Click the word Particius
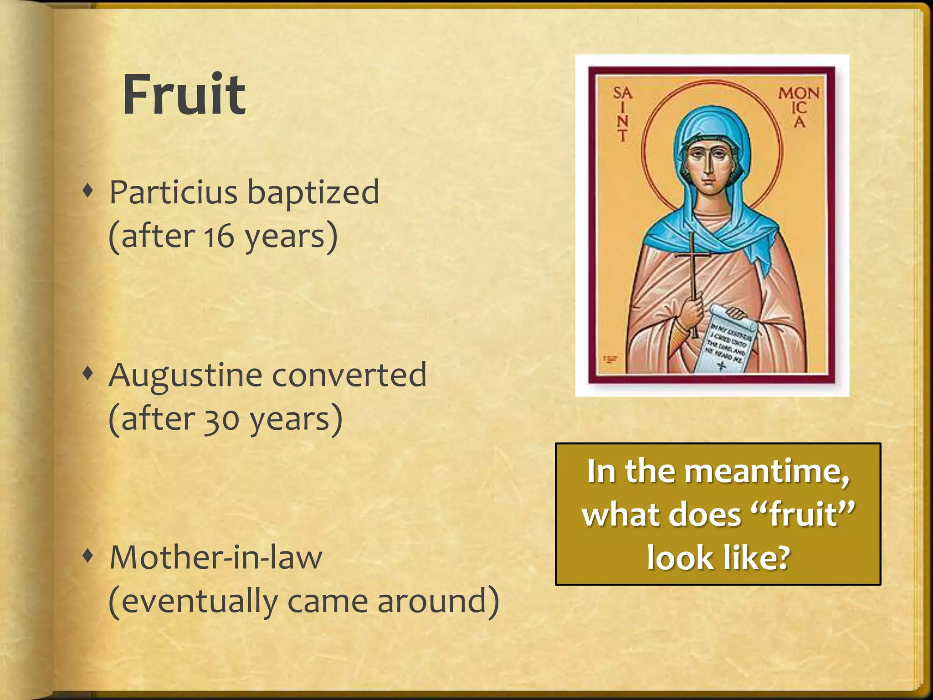pyautogui.click(x=174, y=192)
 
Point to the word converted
pyautogui.click(x=349, y=376)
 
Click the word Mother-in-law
pyautogui.click(x=216, y=558)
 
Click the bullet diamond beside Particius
pyautogui.click(x=88, y=191)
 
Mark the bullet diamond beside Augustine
pyautogui.click(x=88, y=374)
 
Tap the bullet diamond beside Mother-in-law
pyautogui.click(x=88, y=556)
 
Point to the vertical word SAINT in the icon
pyautogui.click(x=622, y=114)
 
